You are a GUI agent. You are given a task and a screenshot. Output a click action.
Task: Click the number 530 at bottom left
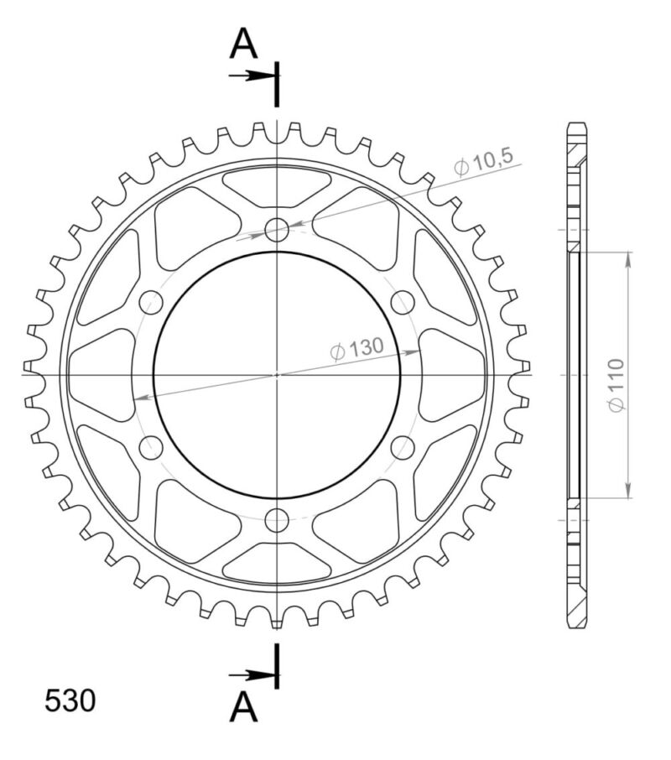[70, 701]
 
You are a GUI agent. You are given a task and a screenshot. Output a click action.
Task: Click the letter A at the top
[243, 44]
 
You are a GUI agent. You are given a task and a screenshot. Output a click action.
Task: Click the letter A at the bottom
[243, 708]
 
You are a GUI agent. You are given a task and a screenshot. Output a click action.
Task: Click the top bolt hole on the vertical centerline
[277, 228]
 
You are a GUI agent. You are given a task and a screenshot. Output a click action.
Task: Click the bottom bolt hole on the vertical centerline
[277, 520]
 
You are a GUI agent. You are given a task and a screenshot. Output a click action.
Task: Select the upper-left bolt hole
[151, 301]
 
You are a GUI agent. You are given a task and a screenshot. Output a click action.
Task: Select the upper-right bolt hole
[403, 301]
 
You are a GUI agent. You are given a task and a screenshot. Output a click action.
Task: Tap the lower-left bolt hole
[151, 447]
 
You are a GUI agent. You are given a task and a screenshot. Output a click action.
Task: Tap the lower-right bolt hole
[403, 447]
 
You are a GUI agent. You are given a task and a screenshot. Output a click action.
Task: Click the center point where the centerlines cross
[277, 374]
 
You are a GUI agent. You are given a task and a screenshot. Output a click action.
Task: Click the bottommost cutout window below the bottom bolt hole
[277, 562]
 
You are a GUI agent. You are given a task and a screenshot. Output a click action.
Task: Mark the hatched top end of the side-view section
[577, 151]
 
